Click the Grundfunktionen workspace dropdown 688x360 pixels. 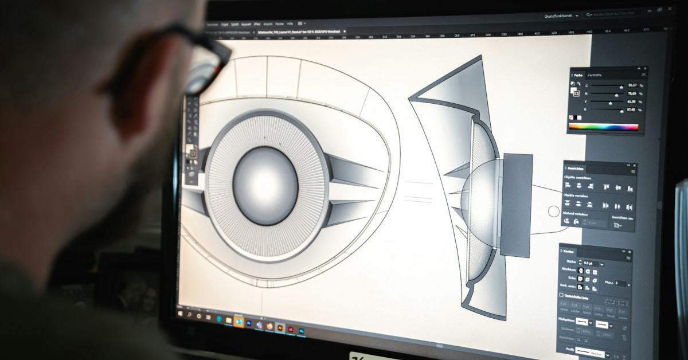[x=561, y=16]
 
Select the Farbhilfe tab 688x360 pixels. [x=595, y=75]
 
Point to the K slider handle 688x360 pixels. [x=621, y=109]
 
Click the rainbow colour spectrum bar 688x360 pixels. [x=604, y=127]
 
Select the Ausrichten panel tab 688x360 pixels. [x=577, y=169]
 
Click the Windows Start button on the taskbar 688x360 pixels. [x=180, y=314]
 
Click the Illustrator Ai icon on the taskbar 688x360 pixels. [x=280, y=327]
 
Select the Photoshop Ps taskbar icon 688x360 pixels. [x=302, y=331]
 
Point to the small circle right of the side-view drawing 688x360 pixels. [x=553, y=212]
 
